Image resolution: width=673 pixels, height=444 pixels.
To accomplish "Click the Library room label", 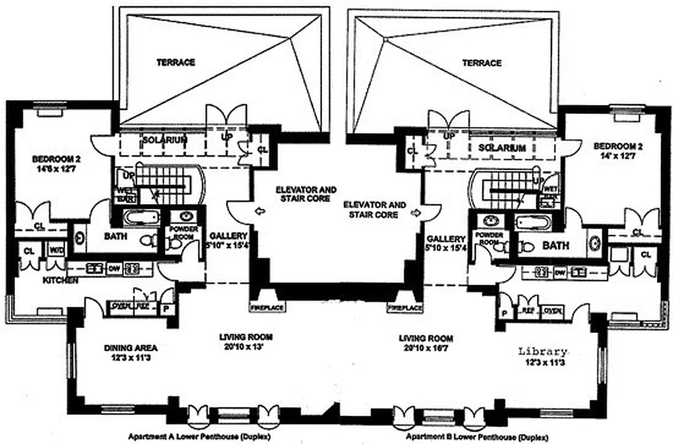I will [543, 351].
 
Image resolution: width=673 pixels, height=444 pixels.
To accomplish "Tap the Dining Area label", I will [131, 349].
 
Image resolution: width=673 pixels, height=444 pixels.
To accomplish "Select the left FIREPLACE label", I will [267, 307].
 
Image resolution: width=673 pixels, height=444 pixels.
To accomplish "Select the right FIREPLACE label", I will [405, 307].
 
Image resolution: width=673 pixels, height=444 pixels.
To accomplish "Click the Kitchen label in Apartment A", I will [61, 281].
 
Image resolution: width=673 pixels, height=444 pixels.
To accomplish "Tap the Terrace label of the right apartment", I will [481, 63].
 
